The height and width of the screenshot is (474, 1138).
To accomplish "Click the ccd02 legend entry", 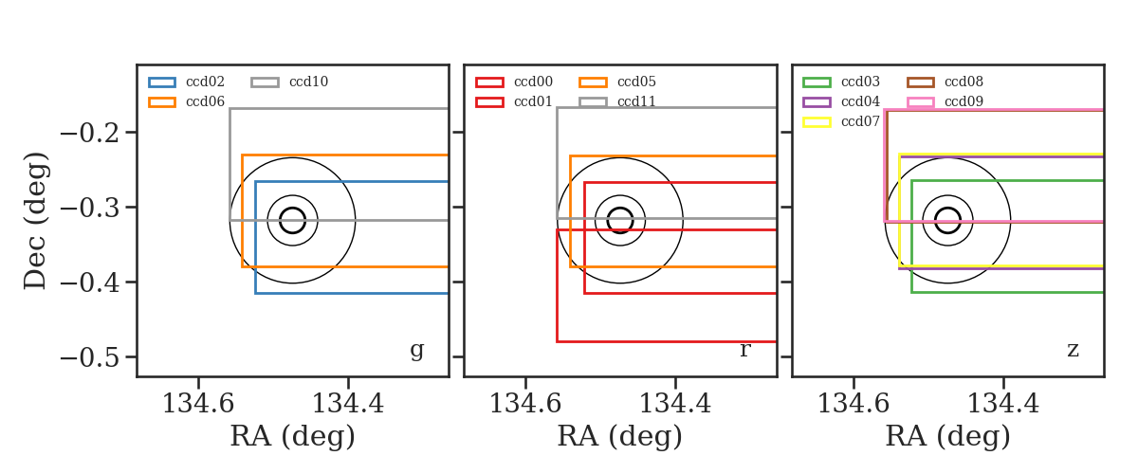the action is click(x=186, y=82).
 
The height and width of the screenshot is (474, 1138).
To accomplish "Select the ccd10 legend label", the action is click(x=308, y=82).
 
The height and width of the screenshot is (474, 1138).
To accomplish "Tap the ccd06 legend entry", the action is click(x=186, y=101).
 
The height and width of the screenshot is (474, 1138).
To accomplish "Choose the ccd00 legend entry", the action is click(x=514, y=82).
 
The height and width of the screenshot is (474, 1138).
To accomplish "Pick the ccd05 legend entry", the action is click(x=617, y=82).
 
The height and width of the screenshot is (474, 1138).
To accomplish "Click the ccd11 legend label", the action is click(x=636, y=101).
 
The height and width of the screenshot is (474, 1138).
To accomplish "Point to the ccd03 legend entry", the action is click(x=841, y=82).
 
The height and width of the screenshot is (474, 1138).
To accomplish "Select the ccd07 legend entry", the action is click(x=841, y=121).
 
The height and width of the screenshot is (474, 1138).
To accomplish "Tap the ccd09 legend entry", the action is click(x=945, y=101).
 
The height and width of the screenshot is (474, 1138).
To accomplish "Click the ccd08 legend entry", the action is click(x=945, y=82).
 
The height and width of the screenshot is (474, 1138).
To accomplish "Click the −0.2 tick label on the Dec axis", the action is click(x=90, y=133).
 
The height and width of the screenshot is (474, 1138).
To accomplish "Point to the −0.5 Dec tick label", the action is click(x=90, y=357).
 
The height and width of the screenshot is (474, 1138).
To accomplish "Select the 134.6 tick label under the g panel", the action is click(x=197, y=404).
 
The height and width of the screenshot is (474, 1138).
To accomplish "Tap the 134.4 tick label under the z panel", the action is click(x=1003, y=404).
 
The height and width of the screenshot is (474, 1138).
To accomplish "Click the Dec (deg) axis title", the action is click(x=36, y=221).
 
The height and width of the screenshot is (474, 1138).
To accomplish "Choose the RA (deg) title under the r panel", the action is click(x=620, y=436).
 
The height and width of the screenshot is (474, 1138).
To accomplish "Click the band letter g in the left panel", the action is click(x=416, y=351).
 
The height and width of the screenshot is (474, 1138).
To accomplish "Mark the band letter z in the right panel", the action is click(x=1073, y=350).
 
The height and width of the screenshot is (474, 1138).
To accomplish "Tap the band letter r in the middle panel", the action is click(x=744, y=350).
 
